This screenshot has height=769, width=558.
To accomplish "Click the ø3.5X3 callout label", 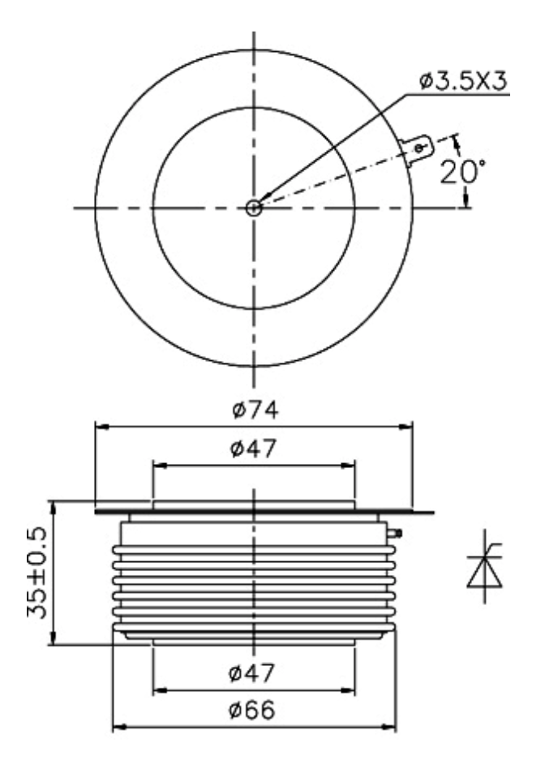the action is [463, 81].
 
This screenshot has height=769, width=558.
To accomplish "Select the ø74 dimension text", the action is [255, 410].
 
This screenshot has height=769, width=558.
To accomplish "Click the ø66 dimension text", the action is [252, 710].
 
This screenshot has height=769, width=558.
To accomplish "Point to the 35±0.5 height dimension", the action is [37, 573].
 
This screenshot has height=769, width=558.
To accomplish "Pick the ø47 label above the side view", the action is [253, 449].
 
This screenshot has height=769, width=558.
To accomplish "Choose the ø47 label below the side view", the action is [252, 672].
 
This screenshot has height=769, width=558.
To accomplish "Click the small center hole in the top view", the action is [254, 208].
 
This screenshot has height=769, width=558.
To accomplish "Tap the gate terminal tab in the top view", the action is [417, 149].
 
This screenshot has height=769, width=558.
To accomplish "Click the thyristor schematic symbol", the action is [485, 566].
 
